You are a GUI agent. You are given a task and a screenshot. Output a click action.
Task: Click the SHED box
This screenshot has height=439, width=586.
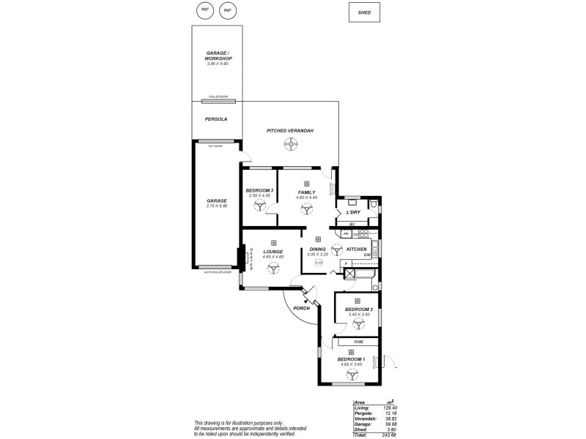[364, 12]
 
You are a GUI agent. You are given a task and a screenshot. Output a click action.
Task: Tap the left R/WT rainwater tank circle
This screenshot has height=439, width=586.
[207, 10]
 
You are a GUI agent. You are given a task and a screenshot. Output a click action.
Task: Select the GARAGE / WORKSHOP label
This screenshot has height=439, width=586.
[218, 56]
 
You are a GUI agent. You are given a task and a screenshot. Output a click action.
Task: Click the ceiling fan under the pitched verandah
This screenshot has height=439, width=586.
[292, 144]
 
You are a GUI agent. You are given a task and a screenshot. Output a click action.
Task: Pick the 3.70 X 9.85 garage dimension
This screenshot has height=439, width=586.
[218, 206]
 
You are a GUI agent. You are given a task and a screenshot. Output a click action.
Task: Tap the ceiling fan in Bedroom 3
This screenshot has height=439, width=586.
[259, 208]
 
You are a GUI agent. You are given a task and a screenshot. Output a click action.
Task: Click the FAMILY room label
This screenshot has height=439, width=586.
[306, 191]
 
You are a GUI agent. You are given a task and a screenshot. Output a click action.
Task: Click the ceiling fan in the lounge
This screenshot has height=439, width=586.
[273, 269]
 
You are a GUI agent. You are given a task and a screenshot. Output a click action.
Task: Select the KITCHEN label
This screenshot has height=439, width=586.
[356, 249]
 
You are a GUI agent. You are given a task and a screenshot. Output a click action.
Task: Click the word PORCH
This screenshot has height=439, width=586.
[301, 309]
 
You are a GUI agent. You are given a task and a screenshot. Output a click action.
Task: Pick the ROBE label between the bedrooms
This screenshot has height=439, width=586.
[358, 341]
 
